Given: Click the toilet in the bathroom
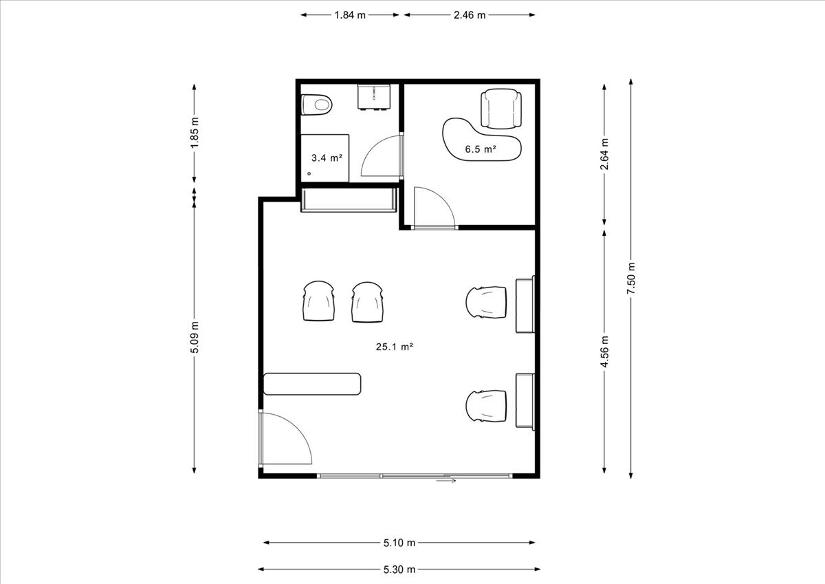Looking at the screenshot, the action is (x=317, y=105).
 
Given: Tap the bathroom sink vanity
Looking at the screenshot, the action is (x=374, y=97).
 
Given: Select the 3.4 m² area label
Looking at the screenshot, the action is (x=327, y=158).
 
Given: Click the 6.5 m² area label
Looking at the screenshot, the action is (x=481, y=149).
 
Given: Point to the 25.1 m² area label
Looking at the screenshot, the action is (x=395, y=347).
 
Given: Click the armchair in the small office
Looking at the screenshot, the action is (x=501, y=109).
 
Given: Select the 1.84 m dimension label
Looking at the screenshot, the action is (x=349, y=15).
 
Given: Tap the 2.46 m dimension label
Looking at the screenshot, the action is (x=470, y=15).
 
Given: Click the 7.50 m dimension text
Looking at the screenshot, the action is (x=631, y=278).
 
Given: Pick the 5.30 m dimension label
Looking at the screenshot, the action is (x=399, y=570).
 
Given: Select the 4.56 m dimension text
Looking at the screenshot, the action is (x=604, y=352).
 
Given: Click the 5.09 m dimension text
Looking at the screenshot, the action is (x=195, y=337).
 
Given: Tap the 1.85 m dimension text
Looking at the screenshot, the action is (x=195, y=133).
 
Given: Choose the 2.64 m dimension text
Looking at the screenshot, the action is (x=604, y=154).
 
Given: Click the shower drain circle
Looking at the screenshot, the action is (x=309, y=173).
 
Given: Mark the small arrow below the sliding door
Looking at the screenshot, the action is (x=446, y=480).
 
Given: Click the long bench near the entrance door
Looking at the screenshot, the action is (x=312, y=384).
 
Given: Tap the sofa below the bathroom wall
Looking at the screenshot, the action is (x=349, y=200).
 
